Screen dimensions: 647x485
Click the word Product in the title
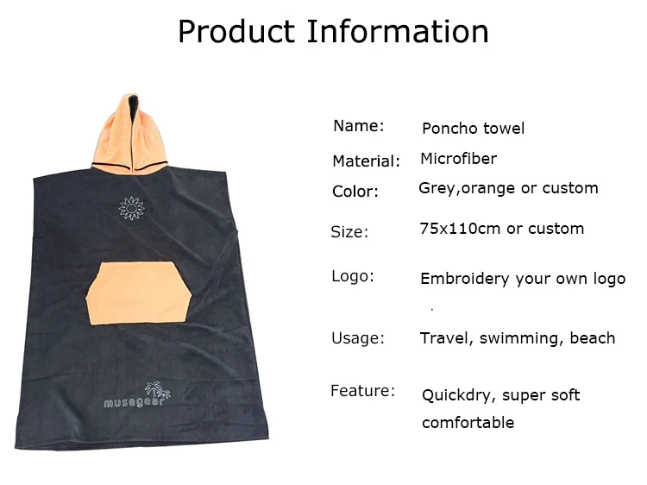coord(236,31)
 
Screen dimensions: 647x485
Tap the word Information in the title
coord(399,31)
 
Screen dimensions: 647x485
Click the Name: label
coord(359,125)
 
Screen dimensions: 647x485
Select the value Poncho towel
coord(473,129)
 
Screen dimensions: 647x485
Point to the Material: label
coord(367,161)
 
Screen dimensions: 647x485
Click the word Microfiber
coord(458,159)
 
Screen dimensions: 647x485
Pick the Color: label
coord(355,192)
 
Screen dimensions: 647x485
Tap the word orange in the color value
coord(488,188)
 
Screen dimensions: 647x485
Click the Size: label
coord(349,232)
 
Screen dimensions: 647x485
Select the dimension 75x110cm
coord(460,228)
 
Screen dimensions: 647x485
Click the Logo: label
coord(353,276)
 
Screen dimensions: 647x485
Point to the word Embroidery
coord(465,279)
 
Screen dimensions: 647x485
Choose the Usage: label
coord(358,338)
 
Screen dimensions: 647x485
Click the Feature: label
coord(362,390)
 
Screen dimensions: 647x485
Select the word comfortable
coord(468,423)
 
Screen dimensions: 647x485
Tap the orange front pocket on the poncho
coord(139,293)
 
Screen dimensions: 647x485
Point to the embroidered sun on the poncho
coord(132,208)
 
